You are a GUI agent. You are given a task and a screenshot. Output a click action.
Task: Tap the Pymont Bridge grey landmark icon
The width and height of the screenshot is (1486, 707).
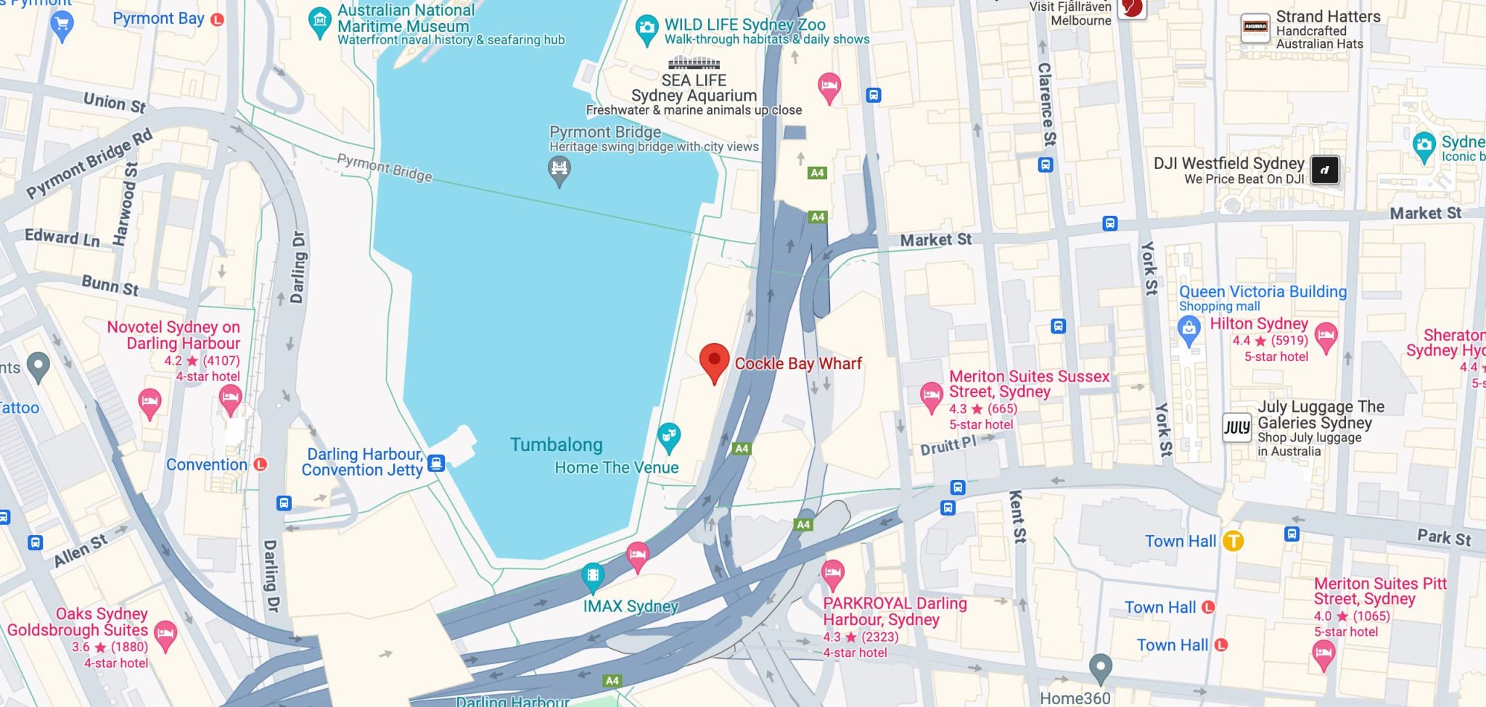(x=559, y=170)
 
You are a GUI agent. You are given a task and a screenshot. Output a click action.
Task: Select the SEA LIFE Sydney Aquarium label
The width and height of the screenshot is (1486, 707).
(x=694, y=88)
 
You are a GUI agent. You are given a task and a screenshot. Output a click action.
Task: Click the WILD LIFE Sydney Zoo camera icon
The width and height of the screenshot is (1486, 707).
(x=646, y=29)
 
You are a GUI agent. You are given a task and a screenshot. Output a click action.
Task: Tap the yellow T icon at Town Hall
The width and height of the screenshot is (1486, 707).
(x=1233, y=541)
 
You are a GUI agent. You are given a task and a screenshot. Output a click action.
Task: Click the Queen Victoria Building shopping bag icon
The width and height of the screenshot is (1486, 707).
(x=1189, y=331)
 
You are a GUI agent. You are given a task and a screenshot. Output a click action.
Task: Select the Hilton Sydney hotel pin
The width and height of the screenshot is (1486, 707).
(x=1326, y=336)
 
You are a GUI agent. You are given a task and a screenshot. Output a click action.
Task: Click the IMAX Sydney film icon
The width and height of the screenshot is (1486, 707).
(x=593, y=576)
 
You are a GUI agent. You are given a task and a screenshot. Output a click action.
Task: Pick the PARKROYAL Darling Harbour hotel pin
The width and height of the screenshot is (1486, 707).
(x=832, y=574)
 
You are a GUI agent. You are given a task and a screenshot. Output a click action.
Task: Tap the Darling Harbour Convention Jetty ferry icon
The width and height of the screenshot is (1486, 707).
(x=436, y=463)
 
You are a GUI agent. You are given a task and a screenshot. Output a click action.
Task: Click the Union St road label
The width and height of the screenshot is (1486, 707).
(x=115, y=103)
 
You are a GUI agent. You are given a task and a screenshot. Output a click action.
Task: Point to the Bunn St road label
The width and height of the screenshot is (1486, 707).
(x=110, y=285)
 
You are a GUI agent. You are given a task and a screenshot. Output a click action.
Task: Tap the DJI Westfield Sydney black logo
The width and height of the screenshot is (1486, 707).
(x=1324, y=170)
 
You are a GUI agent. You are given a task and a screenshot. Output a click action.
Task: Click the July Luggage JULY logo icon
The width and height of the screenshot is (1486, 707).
(x=1237, y=427)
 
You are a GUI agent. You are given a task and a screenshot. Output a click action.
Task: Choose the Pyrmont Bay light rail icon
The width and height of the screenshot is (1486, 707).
(x=217, y=20)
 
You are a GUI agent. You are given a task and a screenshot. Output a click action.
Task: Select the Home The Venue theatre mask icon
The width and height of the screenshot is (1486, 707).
(x=668, y=436)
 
